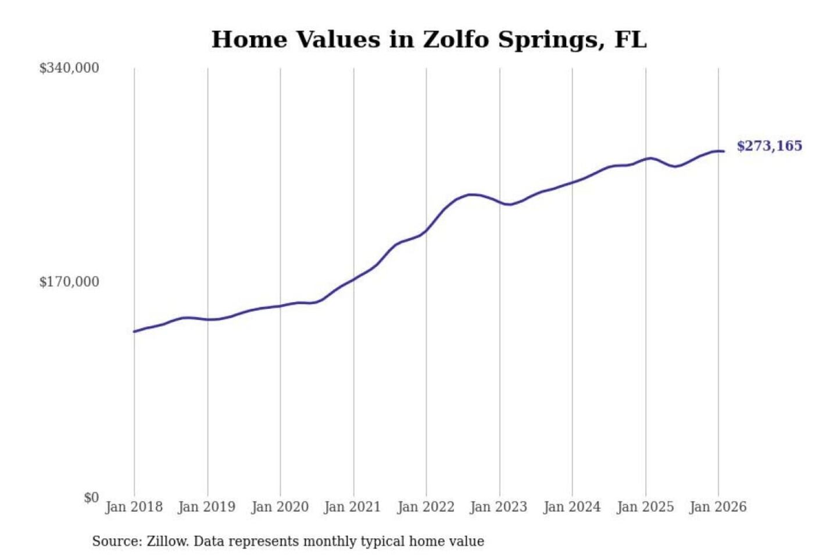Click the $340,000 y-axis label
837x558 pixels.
pos(69,68)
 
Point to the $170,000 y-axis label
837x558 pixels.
pos(69,282)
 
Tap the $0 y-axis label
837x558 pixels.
pos(91,498)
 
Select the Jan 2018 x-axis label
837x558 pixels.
pos(134,507)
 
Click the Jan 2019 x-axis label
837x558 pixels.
pos(207,507)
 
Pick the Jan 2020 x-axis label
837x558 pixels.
pos(280,507)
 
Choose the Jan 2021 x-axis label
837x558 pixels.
pos(353,507)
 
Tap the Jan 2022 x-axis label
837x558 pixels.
pos(426,507)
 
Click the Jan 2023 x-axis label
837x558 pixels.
pos(499,507)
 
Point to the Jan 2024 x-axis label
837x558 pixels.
pos(572,507)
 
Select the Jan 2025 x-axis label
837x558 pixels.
pos(645,507)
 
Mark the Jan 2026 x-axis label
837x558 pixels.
pos(718,507)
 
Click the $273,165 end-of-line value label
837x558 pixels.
pos(770,146)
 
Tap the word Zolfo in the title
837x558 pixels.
pos(455,40)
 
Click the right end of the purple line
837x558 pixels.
pos(724,152)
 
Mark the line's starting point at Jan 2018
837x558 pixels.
pos(134,331)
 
